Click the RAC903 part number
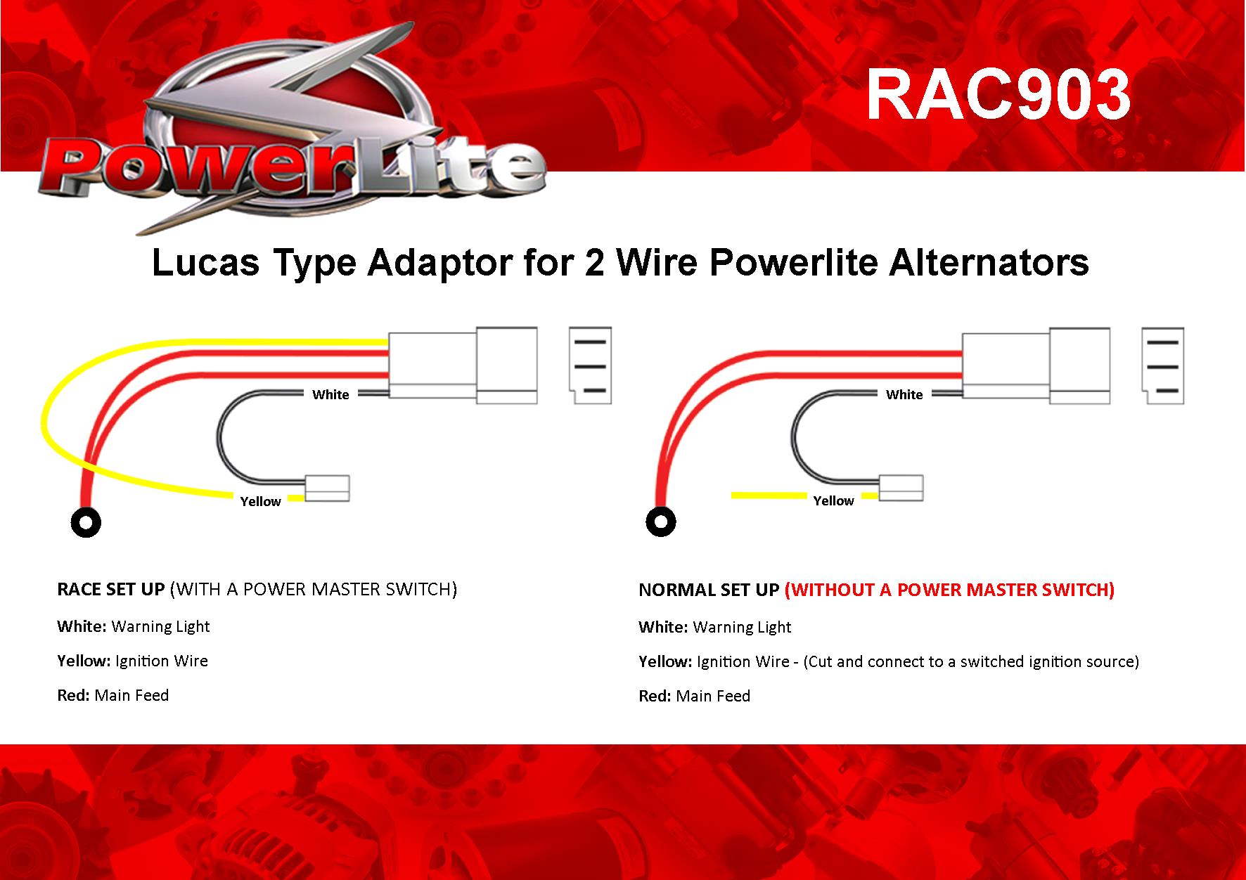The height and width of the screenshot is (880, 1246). pyautogui.click(x=998, y=95)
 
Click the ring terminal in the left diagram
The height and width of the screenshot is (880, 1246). pyautogui.click(x=86, y=522)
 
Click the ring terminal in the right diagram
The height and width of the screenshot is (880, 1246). pyautogui.click(x=660, y=522)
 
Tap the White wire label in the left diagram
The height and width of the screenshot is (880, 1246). pyautogui.click(x=330, y=394)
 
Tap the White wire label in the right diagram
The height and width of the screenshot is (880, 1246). pyautogui.click(x=904, y=394)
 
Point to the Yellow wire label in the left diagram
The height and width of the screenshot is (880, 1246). pyautogui.click(x=260, y=501)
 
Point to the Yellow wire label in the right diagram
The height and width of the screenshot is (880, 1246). pyautogui.click(x=833, y=500)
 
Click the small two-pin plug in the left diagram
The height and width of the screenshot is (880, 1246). pyautogui.click(x=327, y=488)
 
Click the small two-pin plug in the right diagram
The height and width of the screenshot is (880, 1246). pyautogui.click(x=901, y=488)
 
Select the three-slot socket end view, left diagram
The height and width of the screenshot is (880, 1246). pyautogui.click(x=590, y=365)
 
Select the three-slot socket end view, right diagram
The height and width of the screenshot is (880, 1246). pyautogui.click(x=1163, y=365)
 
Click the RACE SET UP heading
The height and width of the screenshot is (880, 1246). pyautogui.click(x=110, y=589)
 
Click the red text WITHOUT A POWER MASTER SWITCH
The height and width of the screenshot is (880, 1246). pyautogui.click(x=949, y=590)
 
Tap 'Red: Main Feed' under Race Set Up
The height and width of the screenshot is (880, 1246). pyautogui.click(x=113, y=695)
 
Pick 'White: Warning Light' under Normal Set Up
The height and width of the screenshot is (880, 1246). pyautogui.click(x=714, y=627)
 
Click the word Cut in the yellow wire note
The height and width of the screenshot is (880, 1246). pyautogui.click(x=821, y=661)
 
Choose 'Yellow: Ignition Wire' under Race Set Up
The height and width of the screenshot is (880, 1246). pyautogui.click(x=132, y=661)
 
